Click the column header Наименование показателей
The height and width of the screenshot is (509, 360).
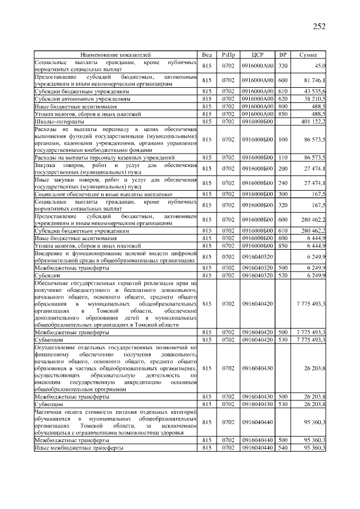coord(116,55)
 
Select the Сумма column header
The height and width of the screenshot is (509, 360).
coord(308,55)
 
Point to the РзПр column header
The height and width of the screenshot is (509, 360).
coord(228,55)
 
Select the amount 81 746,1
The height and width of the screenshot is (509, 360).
coord(314,80)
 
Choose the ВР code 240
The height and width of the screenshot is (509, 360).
coord(283,183)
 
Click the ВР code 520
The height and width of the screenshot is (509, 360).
coord(283,275)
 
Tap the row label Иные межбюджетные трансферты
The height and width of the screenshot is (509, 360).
coord(70,448)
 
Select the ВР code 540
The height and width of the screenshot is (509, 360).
coord(283,448)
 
